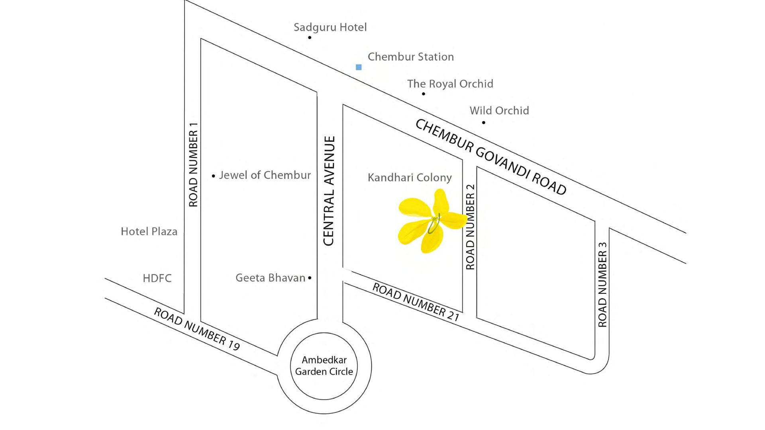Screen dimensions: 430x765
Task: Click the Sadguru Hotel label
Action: (x=330, y=27)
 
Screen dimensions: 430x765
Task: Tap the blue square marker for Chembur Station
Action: (x=359, y=67)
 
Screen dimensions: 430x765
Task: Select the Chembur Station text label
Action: (x=410, y=57)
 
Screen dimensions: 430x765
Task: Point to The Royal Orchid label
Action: (x=450, y=84)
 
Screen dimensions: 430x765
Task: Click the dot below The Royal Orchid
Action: (x=424, y=94)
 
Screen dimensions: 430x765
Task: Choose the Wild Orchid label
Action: (x=499, y=111)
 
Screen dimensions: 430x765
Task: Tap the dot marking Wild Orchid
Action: (x=484, y=123)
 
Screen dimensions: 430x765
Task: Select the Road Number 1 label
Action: (x=193, y=165)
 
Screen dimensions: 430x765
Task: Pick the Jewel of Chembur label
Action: (x=265, y=175)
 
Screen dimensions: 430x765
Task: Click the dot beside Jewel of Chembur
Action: (x=214, y=176)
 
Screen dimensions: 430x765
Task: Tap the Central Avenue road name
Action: (x=329, y=191)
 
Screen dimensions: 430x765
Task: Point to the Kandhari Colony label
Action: (x=410, y=178)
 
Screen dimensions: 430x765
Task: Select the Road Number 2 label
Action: (x=471, y=227)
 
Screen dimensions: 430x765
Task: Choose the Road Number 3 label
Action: (x=602, y=285)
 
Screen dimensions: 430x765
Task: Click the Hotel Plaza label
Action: (x=149, y=232)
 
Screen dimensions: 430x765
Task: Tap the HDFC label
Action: (x=157, y=278)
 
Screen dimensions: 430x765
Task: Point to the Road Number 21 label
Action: (x=416, y=302)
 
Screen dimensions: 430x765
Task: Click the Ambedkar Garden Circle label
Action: (x=324, y=366)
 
